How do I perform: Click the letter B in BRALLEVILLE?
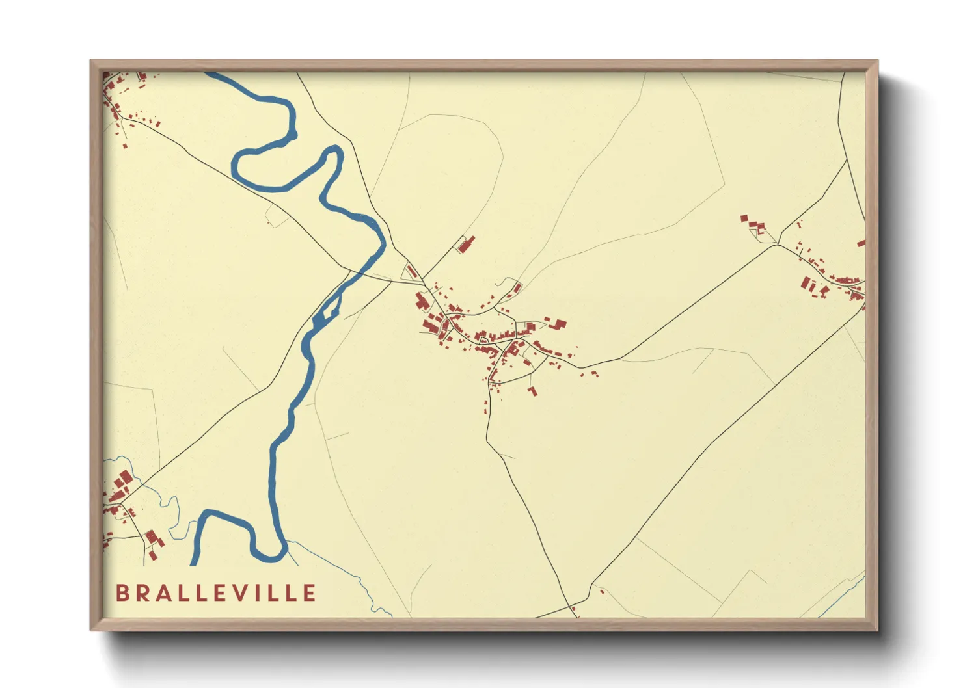click(x=122, y=593)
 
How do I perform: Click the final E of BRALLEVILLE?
click(x=310, y=593)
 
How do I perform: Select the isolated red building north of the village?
click(x=465, y=245)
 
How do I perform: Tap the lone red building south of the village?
click(x=532, y=391)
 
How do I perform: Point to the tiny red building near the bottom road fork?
click(x=602, y=591)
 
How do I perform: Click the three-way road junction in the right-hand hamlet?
click(x=778, y=245)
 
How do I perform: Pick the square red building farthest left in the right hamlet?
click(x=744, y=218)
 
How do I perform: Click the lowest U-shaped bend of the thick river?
click(x=269, y=555)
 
